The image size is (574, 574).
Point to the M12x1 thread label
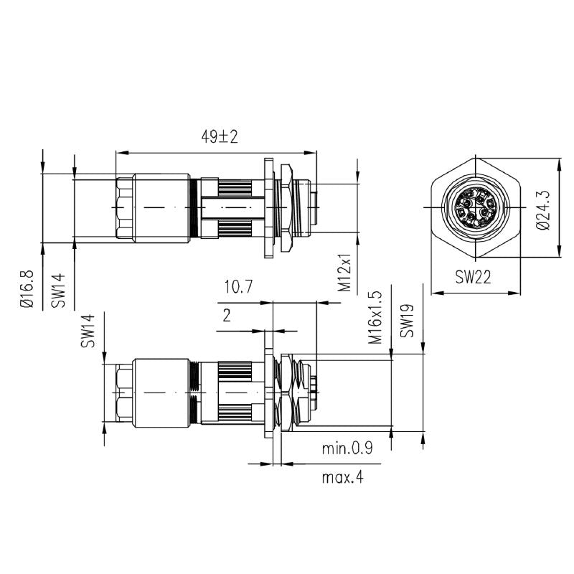[345, 272]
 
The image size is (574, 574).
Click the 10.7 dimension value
[237, 288]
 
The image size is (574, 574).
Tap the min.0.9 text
[347, 449]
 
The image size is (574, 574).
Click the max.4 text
[342, 477]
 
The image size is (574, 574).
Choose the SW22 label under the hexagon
[474, 278]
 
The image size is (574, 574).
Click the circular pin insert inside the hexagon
[474, 208]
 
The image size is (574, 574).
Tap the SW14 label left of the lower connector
[88, 331]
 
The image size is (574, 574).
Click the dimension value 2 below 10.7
[227, 316]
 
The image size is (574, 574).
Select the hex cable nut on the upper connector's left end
[125, 207]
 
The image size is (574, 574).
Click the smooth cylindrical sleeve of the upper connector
[162, 207]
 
